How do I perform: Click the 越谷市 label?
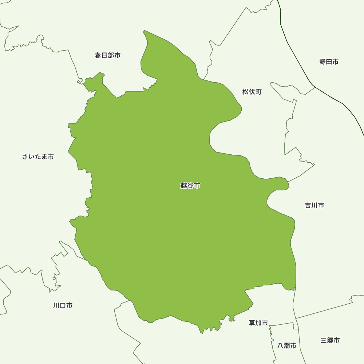tap(190, 186)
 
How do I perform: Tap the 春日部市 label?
tap(107, 55)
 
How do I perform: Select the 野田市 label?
tap(329, 62)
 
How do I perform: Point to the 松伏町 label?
tap(252, 92)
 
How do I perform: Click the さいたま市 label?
tap(38, 157)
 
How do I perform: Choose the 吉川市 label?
tap(314, 205)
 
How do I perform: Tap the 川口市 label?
tap(63, 305)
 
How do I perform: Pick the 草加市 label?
tap(258, 323)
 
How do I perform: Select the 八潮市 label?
tap(286, 346)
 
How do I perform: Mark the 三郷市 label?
tap(330, 340)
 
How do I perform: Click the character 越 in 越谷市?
tap(183, 186)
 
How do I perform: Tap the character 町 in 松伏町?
tap(258, 92)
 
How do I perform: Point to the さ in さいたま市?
tap(25, 157)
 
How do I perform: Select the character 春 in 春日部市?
tap(98, 55)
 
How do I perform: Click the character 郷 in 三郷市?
tap(330, 340)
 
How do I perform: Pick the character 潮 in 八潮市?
tap(286, 346)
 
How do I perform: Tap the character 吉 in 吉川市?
tap(308, 205)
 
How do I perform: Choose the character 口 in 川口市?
tap(63, 305)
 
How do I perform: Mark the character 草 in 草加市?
tap(252, 323)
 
